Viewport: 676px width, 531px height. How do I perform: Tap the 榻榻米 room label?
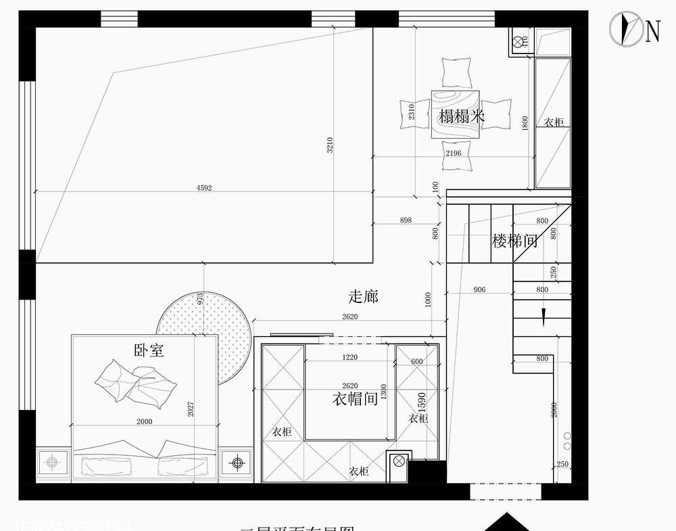[x=462, y=116]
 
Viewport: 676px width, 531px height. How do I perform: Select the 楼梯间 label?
[x=515, y=241]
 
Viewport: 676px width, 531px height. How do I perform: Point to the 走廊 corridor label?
[x=363, y=296]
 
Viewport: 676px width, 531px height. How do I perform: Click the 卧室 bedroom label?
[x=149, y=350]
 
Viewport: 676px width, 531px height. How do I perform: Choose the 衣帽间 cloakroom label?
[x=355, y=399]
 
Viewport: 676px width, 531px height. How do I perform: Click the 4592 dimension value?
[x=203, y=188]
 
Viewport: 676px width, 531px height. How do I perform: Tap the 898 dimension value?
[x=406, y=221]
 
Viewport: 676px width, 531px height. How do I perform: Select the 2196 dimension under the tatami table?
[x=453, y=154]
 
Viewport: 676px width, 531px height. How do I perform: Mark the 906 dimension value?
[x=479, y=290]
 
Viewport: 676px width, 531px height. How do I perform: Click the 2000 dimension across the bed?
[x=144, y=421]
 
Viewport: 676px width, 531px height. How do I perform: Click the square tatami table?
[x=456, y=114]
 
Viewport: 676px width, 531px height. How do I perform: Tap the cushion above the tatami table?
[x=456, y=72]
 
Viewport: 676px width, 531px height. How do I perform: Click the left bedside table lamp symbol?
[x=51, y=463]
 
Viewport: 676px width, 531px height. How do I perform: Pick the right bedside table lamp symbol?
[x=237, y=463]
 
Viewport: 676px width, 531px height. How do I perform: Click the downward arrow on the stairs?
[x=542, y=315]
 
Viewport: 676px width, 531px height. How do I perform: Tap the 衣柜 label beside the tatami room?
[x=554, y=122]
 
